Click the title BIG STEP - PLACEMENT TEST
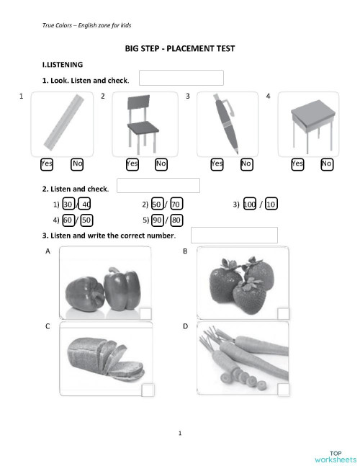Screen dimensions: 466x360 pos(180,48)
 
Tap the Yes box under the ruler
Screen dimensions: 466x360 pos(47,163)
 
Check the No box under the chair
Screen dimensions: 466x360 pos(161,163)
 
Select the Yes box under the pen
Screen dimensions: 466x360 pos(217,163)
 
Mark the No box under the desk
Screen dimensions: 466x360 pos(327,163)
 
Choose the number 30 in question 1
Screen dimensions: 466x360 pos(68,205)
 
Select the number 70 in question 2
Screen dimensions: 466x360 pos(176,205)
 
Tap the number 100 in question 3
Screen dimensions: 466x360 pos(250,205)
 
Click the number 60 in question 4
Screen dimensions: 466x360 pos(68,220)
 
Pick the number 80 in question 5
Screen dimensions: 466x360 pos(176,220)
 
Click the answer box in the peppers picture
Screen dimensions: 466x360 pos(146,313)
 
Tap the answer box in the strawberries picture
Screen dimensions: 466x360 pos(283,313)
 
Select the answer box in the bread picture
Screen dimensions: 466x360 pos(148,390)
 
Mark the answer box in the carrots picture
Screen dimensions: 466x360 pos(283,390)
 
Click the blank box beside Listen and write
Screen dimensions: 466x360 pos(234,235)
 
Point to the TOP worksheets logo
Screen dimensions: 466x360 pos(335,456)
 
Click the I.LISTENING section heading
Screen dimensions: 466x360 pos(63,65)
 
